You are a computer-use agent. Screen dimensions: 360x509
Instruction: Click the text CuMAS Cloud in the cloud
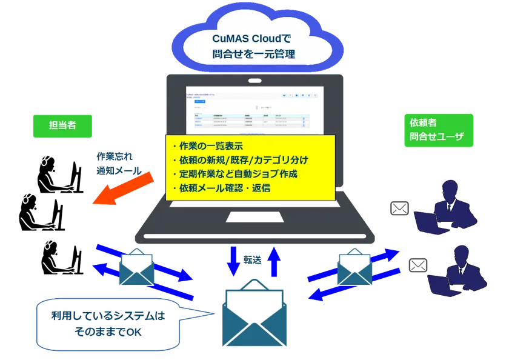[x=248, y=39]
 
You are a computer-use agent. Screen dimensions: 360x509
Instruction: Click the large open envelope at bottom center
[x=254, y=316]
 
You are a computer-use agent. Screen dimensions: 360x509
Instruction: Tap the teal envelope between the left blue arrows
[x=139, y=267]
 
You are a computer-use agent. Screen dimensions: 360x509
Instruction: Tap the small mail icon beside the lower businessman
[x=418, y=265]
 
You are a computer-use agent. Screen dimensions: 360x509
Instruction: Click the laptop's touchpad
[x=254, y=216]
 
